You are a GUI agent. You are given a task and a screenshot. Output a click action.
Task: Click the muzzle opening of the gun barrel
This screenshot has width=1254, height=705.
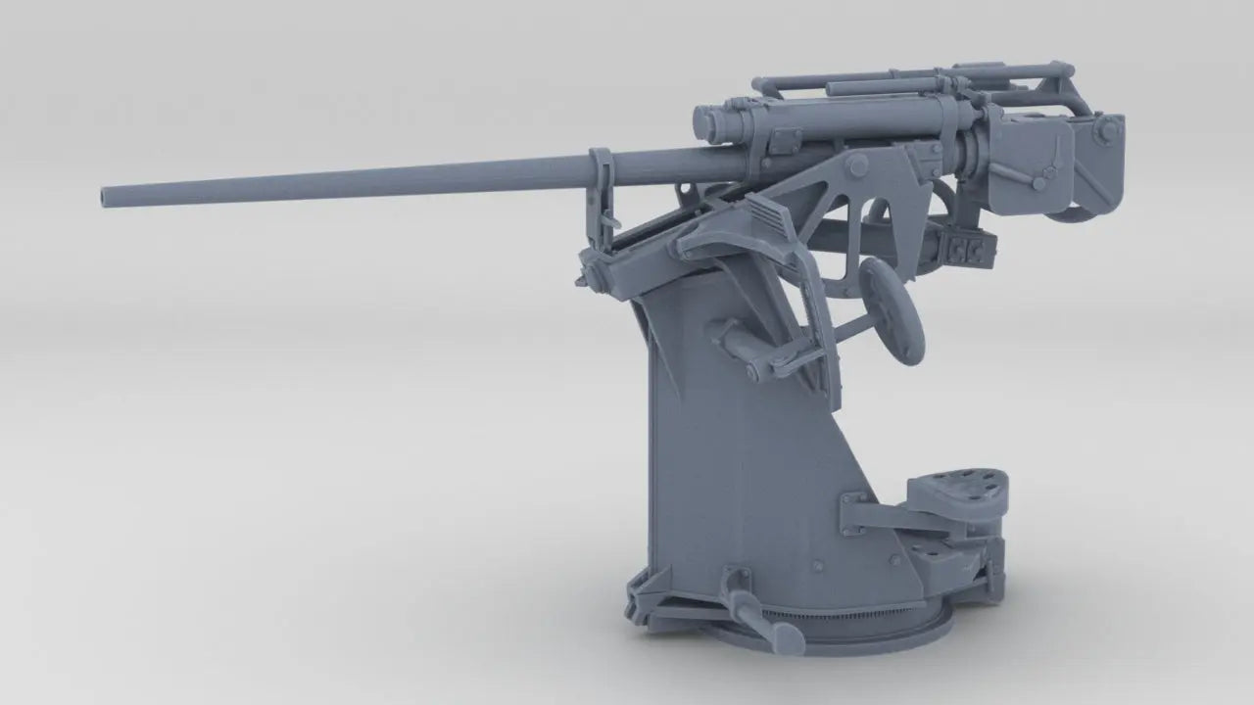[x=106, y=197]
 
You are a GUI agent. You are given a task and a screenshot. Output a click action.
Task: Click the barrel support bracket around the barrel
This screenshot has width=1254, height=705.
[x=601, y=176]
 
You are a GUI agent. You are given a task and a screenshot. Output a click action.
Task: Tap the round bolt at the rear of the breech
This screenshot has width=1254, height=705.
[x=1109, y=127]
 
